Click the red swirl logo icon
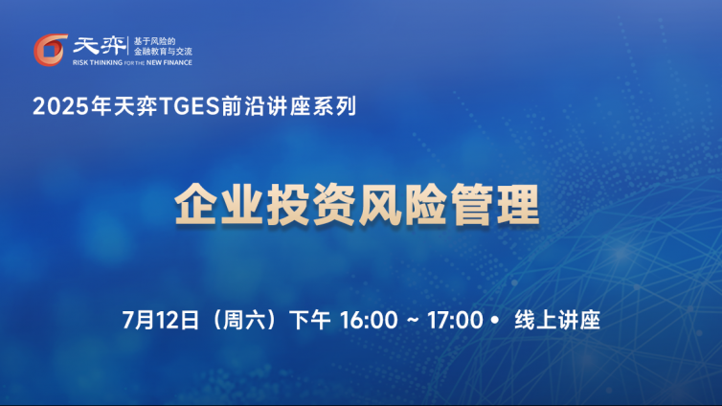click(x=51, y=50)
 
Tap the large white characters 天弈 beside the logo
click(x=99, y=46)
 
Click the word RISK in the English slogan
click(x=80, y=62)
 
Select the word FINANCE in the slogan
click(x=178, y=62)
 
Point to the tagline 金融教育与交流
click(x=163, y=52)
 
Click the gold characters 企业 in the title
click(x=219, y=205)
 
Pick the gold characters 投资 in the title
click(x=311, y=205)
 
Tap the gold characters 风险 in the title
click(x=403, y=205)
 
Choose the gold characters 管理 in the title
click(x=495, y=205)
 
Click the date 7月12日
click(x=161, y=320)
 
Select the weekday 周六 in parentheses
click(x=244, y=320)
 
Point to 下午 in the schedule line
click(x=309, y=320)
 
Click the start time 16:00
click(x=369, y=320)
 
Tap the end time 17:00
click(x=455, y=320)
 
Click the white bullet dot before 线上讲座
click(x=495, y=319)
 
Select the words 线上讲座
click(x=557, y=320)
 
